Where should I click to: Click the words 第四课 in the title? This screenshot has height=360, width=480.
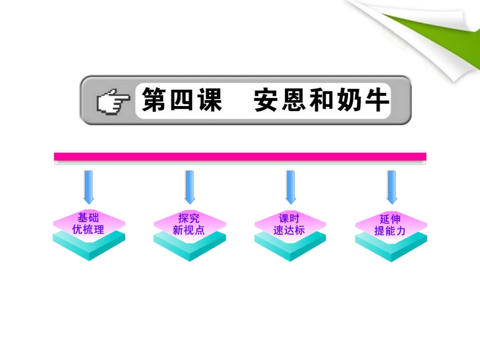coord(181,100)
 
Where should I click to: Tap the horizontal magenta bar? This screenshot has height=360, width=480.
coord(240,157)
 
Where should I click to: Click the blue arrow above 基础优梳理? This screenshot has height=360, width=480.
coord(89,186)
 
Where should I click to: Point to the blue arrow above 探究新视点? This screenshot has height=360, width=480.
coord(189,186)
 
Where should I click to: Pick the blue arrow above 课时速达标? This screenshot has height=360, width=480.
coord(291,186)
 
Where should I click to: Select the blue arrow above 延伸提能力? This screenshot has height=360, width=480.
coord(392,186)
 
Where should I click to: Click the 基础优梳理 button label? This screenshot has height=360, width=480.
coord(89,224)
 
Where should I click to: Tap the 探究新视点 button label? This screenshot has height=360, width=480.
coord(189,224)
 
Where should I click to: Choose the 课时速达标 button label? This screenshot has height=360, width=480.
coord(290,224)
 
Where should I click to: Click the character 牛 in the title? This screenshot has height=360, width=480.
coord(376,100)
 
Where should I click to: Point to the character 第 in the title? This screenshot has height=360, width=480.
coord(154,100)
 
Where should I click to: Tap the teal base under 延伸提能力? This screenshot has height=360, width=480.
coord(391,249)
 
